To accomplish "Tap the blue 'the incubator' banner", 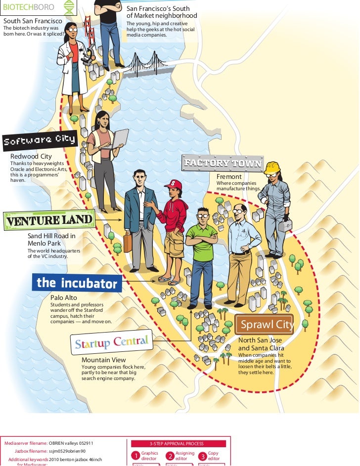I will [77, 283].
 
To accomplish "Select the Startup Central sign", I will [111, 342].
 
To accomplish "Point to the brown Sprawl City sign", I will [264, 325].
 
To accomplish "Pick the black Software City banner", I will [40, 140].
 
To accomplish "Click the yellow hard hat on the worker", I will [272, 168].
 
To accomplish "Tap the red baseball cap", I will [174, 185].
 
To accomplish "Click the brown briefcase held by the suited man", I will [128, 243].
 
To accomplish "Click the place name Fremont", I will [229, 176].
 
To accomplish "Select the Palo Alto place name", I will [64, 298].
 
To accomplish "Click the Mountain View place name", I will [103, 360].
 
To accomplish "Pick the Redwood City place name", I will [31, 156].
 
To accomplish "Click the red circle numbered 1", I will [135, 455].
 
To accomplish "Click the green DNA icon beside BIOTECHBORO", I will [69, 7].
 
